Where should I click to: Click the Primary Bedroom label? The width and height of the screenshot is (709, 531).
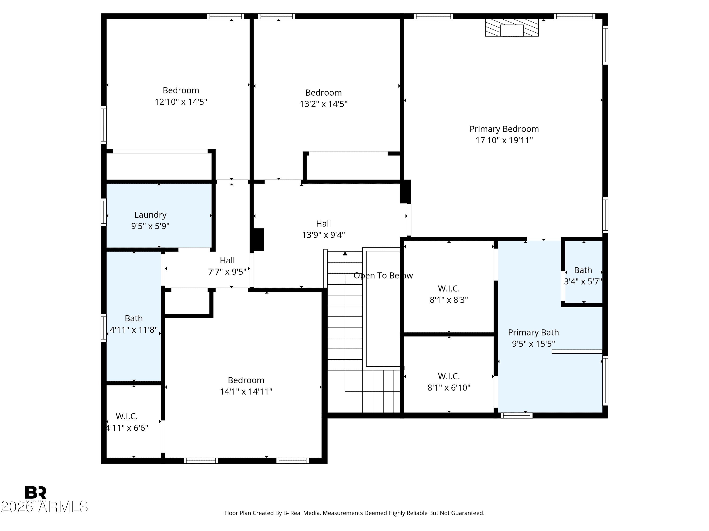coord(504,129)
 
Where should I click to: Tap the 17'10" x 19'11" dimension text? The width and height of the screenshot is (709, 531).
coord(504,140)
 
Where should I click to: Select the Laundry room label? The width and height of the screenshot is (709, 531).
coord(150,215)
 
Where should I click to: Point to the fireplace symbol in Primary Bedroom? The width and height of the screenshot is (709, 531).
coord(512,28)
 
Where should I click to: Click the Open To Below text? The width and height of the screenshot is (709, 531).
coord(383,276)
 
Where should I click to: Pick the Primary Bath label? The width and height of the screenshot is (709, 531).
coord(533,333)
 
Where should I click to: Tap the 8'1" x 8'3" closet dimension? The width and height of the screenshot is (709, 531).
coord(449,300)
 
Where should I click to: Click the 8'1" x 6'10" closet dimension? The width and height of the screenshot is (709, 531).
coord(449,388)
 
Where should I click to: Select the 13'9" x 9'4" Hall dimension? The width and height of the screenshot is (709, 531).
coord(323,235)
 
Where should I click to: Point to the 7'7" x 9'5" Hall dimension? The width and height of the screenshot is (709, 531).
coord(227,272)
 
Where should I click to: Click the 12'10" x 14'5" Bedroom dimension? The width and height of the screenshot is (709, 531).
coord(181,102)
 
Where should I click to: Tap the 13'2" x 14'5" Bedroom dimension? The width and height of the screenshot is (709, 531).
coord(323,104)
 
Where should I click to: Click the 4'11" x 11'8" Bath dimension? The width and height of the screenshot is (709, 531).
coord(134,330)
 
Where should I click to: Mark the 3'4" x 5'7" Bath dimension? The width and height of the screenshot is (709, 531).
coord(583,282)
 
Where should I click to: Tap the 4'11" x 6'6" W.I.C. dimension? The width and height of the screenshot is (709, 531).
coord(127,428)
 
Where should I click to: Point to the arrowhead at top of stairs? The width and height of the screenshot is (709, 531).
coord(345,253)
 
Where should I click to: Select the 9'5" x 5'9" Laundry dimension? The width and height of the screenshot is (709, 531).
coord(150,226)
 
